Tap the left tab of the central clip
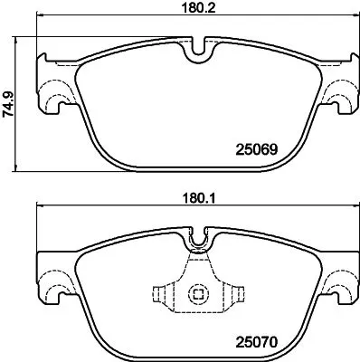click(161, 295)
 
